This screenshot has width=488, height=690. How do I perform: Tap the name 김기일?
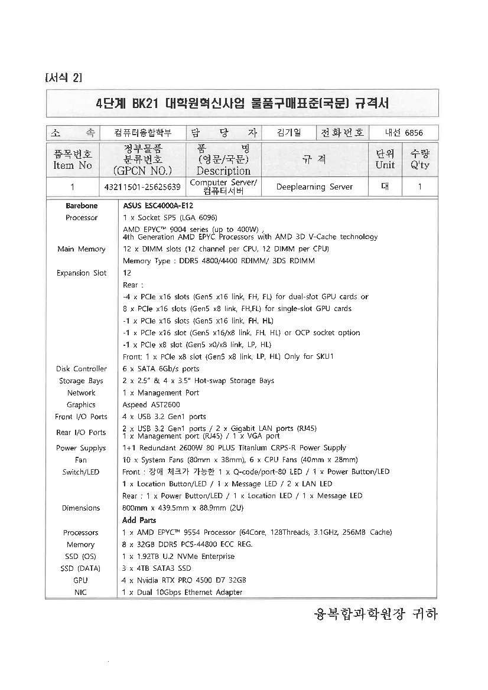(x=288, y=133)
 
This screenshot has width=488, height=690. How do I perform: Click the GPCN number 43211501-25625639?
(x=142, y=187)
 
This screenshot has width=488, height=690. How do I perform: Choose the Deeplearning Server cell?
(x=314, y=187)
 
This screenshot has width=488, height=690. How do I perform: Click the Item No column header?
(x=73, y=160)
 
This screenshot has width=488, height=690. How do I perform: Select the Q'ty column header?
(x=419, y=159)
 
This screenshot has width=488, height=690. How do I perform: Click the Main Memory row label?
(x=82, y=249)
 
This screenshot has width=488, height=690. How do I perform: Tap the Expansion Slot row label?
(x=82, y=273)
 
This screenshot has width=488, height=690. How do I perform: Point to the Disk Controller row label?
(x=82, y=369)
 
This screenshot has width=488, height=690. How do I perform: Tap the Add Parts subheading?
(x=139, y=520)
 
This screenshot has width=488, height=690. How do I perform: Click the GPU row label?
(x=81, y=580)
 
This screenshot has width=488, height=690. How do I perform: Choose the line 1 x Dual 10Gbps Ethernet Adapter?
(x=182, y=592)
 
